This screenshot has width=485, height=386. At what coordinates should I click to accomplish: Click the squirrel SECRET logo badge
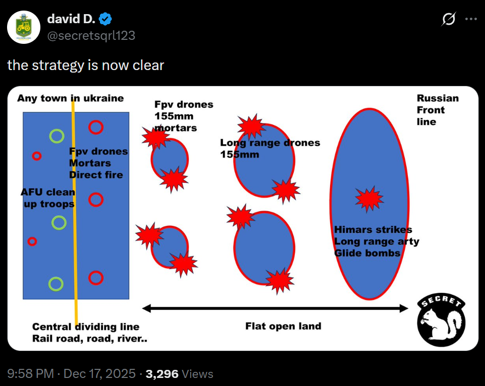point(441,320)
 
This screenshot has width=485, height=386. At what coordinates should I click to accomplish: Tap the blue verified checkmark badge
point(106,20)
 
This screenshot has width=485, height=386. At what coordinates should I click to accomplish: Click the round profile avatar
point(24,27)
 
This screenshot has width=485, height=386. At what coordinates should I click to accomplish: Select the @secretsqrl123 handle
point(91,35)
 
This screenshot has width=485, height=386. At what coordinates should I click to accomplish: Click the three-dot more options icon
point(470,20)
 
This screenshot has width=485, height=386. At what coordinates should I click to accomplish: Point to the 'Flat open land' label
point(283,326)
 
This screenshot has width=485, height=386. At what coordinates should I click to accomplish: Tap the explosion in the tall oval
point(369,199)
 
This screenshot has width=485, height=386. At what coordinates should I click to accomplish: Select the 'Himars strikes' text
point(373,230)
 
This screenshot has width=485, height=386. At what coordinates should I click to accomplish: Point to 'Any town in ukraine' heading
point(70,98)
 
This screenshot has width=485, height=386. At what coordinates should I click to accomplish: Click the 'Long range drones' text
point(270,143)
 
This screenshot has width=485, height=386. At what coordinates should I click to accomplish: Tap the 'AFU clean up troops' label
point(47,198)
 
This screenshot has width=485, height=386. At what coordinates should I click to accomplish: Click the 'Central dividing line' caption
point(86,327)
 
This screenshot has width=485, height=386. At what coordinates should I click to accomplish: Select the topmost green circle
point(57,136)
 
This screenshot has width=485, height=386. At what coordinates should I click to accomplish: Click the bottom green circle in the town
point(56,284)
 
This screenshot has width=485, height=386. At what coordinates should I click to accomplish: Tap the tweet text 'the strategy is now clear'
point(86,66)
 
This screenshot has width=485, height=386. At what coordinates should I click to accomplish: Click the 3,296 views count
point(162,374)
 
